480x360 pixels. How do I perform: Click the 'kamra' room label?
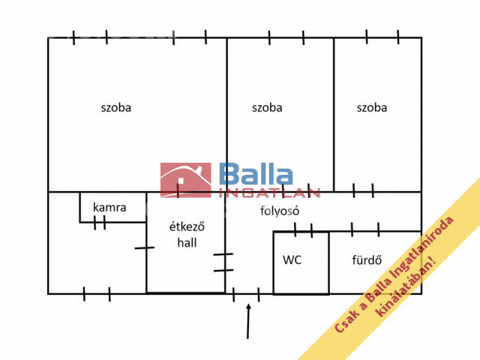click(109, 208)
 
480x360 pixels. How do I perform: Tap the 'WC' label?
click(292, 260)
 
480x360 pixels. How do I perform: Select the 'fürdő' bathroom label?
click(367, 260)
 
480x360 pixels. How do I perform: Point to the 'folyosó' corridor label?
click(280, 211)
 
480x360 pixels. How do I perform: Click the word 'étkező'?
click(187, 226)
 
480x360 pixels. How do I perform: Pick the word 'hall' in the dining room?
click(187, 243)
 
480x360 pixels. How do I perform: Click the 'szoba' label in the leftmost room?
click(116, 108)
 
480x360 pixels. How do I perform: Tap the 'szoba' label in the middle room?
click(267, 108)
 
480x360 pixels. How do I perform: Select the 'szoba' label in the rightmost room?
click(372, 108)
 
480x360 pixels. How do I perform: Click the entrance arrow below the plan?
click(248, 321)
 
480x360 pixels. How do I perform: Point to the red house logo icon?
click(186, 180)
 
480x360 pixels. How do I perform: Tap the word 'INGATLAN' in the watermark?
click(269, 193)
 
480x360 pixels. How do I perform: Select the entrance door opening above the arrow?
click(246, 295)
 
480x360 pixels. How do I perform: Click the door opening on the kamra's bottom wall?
click(100, 223)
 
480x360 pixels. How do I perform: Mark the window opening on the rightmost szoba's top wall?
click(382, 37)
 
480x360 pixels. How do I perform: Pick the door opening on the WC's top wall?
click(303, 231)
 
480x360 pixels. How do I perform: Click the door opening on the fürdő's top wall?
click(365, 230)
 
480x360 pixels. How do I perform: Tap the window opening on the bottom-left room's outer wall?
click(97, 294)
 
